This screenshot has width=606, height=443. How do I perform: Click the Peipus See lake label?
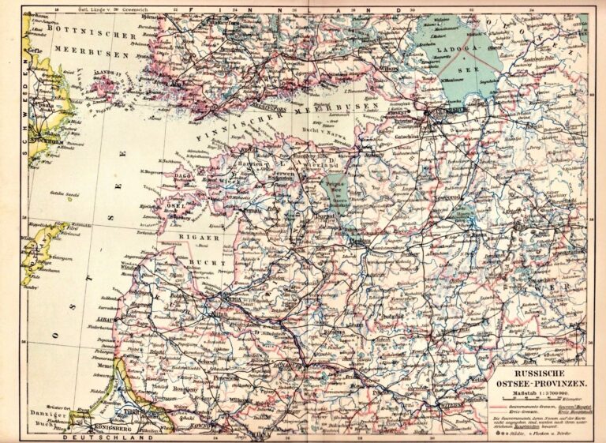point(332,190)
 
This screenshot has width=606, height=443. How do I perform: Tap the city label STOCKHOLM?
point(47,145)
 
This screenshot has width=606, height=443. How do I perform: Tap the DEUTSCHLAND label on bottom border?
point(109,437)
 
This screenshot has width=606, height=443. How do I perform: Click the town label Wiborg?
point(388,67)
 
